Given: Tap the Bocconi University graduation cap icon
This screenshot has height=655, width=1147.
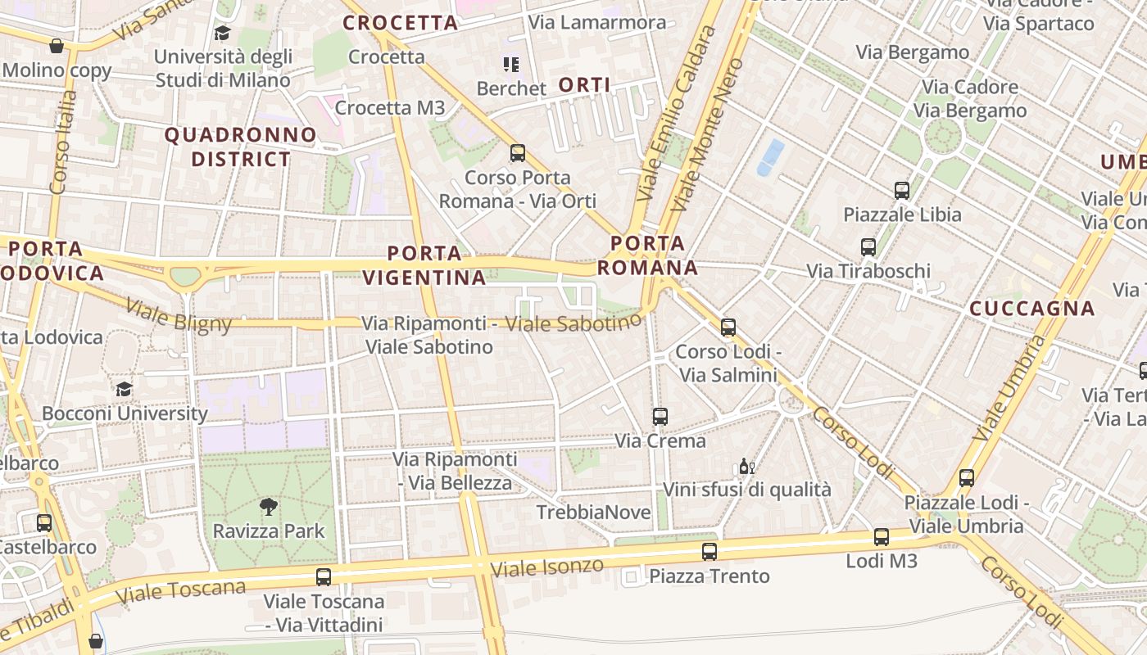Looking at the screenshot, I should click(x=124, y=389).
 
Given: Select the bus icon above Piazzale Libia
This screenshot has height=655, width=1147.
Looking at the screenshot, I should click(x=902, y=191).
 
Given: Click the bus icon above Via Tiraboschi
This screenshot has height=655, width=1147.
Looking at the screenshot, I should click(x=868, y=246).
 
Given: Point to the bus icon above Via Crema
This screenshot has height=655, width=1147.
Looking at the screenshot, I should click(x=660, y=417).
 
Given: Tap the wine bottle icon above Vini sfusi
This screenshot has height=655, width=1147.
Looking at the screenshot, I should click(x=746, y=467).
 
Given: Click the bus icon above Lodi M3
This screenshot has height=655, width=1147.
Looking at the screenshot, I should click(x=882, y=537).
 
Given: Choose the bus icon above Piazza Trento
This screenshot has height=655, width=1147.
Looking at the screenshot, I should click(x=710, y=552).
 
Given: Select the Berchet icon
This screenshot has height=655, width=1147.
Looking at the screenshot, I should click(x=511, y=65).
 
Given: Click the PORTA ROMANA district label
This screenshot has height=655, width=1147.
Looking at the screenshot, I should click(x=647, y=255).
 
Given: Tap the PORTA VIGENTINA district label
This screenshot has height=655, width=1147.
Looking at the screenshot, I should click(x=424, y=265).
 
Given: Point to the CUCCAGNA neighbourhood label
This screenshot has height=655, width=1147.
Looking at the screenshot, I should click(x=1032, y=309).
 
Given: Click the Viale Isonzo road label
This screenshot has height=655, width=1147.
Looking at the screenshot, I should click(x=546, y=567).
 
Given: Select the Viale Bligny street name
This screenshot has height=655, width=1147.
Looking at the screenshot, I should click(x=179, y=316).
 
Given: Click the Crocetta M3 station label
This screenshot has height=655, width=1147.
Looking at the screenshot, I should click(x=390, y=107).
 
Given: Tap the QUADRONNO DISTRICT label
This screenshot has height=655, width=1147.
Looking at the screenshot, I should click(x=241, y=147).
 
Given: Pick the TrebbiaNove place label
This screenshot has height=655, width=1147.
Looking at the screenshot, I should click(x=594, y=513).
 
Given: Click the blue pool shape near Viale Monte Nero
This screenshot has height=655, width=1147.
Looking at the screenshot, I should click(x=769, y=157).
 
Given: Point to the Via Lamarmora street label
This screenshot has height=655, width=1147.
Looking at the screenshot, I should click(x=597, y=22).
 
